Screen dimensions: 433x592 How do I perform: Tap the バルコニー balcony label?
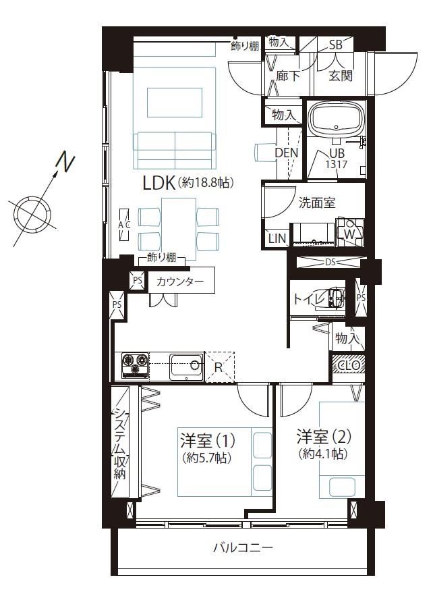pyautogui.click(x=243, y=547)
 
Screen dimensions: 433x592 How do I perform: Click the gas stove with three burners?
pyautogui.click(x=135, y=365)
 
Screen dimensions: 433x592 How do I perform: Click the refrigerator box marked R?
pyautogui.click(x=219, y=367)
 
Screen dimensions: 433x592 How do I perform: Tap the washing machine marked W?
pyautogui.click(x=349, y=232)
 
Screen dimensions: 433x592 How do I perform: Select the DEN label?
pyautogui.click(x=286, y=153)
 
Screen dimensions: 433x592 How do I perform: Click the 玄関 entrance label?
pyautogui.click(x=341, y=76)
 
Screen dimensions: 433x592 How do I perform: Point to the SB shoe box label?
pyautogui.click(x=335, y=45)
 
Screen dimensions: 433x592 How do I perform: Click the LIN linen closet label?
pyautogui.click(x=277, y=238)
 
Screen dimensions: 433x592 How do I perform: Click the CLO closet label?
pyautogui.click(x=349, y=365)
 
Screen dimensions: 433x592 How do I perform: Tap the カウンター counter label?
pyautogui.click(x=180, y=281)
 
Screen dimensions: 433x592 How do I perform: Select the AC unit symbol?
pyautogui.click(x=124, y=225)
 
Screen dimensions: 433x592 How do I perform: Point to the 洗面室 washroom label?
pyautogui.click(x=317, y=203)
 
